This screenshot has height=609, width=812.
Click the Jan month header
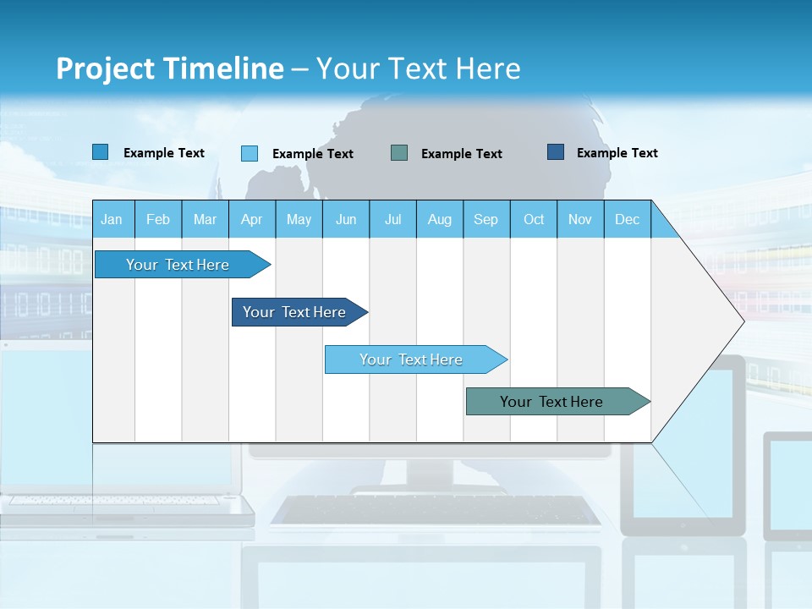112,219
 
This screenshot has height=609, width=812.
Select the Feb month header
158,219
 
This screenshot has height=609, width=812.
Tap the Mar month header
205,219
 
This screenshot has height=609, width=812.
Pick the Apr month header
252,219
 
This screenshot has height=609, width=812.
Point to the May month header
299,219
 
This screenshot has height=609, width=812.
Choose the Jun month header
346,219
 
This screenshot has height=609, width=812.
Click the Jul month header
392,219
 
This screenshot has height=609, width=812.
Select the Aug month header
440,219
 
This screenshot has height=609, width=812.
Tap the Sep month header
486,219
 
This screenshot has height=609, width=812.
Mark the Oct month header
534,219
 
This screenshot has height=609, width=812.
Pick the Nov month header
580,219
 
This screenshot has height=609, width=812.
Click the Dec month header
628,219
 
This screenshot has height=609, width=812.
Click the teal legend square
399,153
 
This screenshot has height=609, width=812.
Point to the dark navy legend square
556,152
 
